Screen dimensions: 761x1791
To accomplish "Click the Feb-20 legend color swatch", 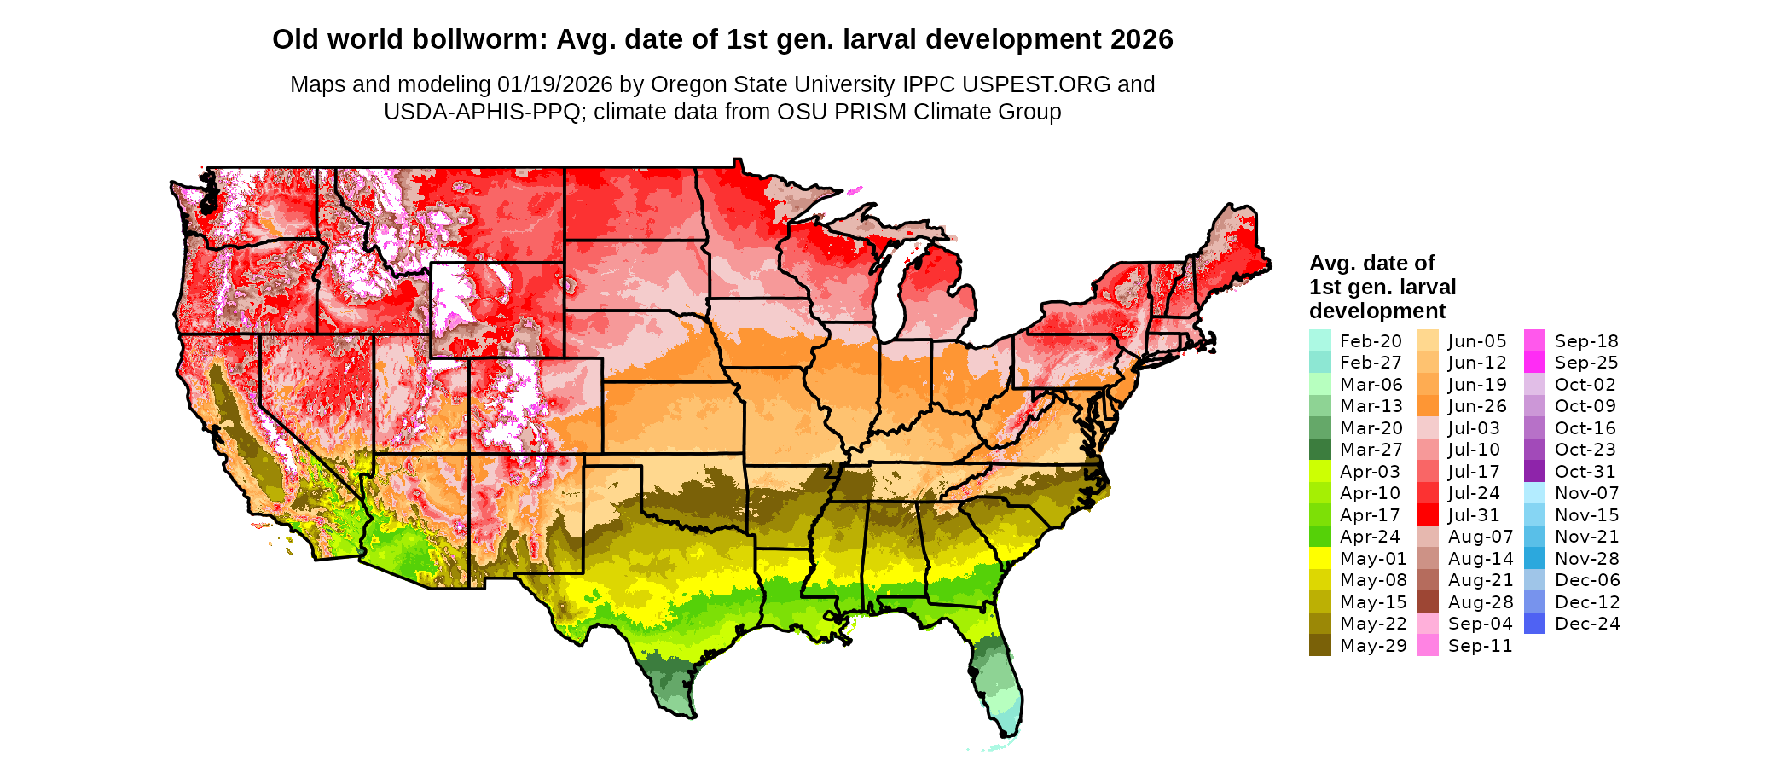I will [x=1319, y=340].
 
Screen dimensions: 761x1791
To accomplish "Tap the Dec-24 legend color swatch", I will [x=1534, y=624].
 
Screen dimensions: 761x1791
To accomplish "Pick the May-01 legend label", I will [x=1373, y=559].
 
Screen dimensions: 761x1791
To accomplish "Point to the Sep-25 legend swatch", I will [x=1534, y=363].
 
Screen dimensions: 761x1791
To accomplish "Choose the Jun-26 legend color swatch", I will [x=1428, y=406].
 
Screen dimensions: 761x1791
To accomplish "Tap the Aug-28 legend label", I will [x=1481, y=602].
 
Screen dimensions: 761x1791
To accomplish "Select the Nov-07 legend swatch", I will [x=1534, y=493].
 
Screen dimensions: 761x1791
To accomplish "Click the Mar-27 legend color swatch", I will [x=1319, y=450].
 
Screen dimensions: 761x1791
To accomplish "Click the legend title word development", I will [x=1377, y=311].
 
